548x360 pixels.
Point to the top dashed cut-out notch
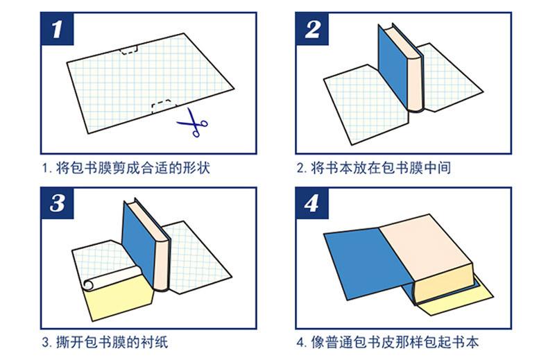[x=128, y=50]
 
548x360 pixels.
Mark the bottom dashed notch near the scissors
[x=162, y=106]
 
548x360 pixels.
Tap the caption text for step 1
[x=126, y=167]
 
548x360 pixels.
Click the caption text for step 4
[x=388, y=341]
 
